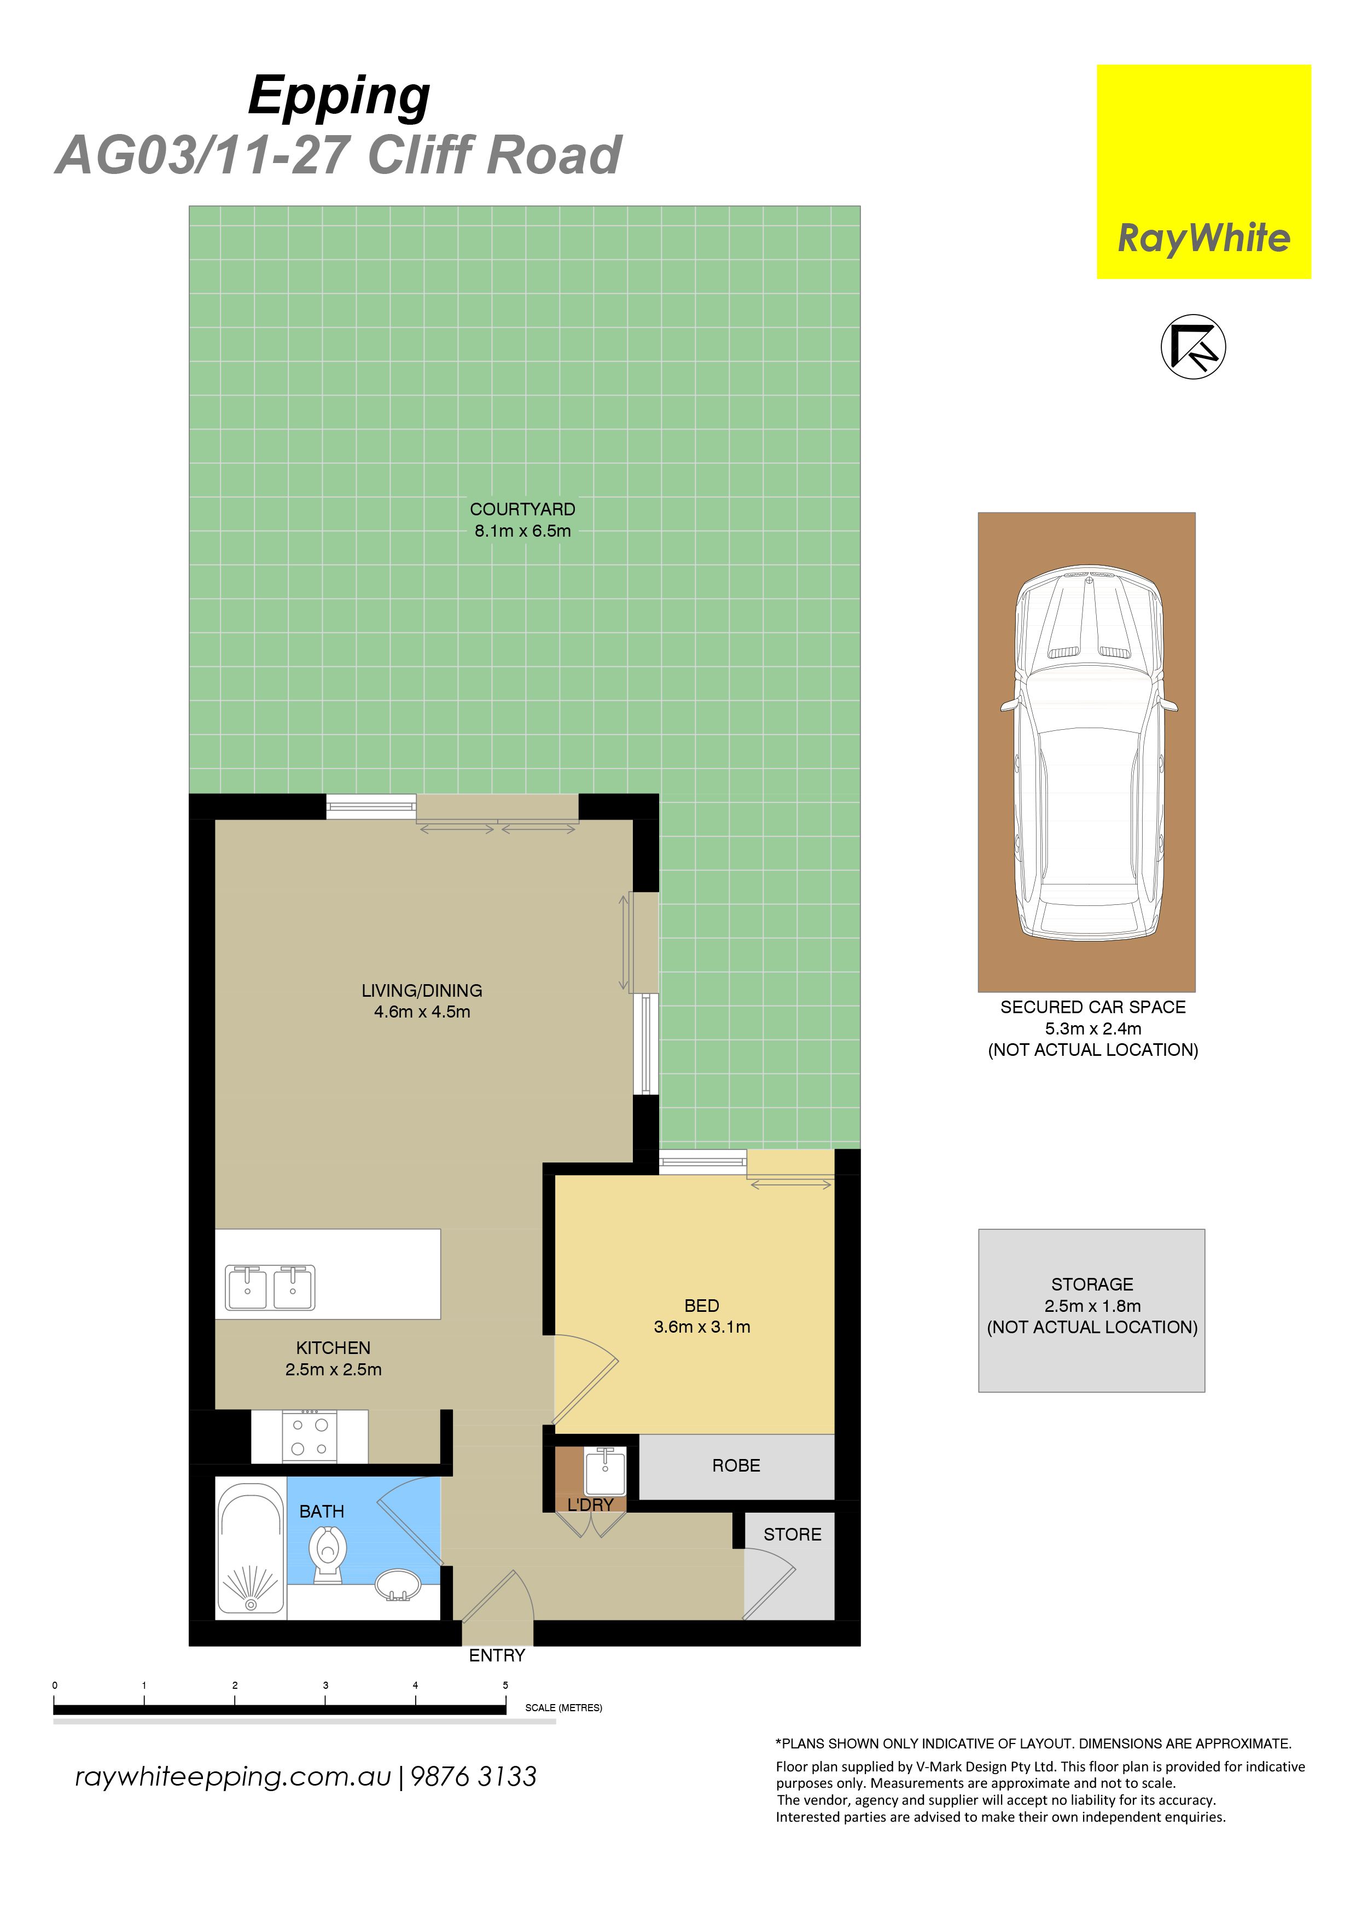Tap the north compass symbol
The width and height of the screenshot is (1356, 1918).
[x=1193, y=347]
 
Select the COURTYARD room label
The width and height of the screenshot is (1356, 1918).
[x=522, y=509]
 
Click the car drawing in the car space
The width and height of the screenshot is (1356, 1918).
[x=1089, y=753]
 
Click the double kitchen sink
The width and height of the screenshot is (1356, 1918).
[x=270, y=1287]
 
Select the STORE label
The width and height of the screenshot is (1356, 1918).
[x=792, y=1534]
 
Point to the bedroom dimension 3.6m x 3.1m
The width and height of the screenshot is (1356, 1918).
[x=702, y=1327]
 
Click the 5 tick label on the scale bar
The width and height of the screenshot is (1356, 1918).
[x=505, y=1685]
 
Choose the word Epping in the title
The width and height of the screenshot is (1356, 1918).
[x=339, y=97]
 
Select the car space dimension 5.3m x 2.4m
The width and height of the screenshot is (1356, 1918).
[x=1093, y=1028]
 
